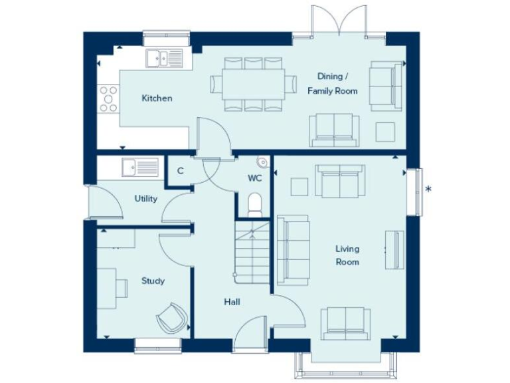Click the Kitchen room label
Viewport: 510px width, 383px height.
point(157,98)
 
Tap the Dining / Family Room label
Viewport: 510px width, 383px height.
point(332,84)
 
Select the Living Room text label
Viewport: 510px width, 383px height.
point(347,255)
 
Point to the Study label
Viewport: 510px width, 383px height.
point(153,281)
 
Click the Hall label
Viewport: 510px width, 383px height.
point(232,302)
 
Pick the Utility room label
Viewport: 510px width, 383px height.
point(145,199)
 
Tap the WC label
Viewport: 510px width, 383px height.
point(254,178)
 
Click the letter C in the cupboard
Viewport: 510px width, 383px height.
point(180,171)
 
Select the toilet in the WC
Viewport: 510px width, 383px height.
point(254,203)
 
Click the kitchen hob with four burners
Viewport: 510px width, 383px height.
point(108,98)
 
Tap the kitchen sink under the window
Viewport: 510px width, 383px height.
point(163,59)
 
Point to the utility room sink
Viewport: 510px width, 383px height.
point(140,167)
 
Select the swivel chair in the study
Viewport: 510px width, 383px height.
point(172,318)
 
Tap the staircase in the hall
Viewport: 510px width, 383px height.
point(252,253)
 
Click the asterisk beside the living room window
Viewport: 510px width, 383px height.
point(429,190)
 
